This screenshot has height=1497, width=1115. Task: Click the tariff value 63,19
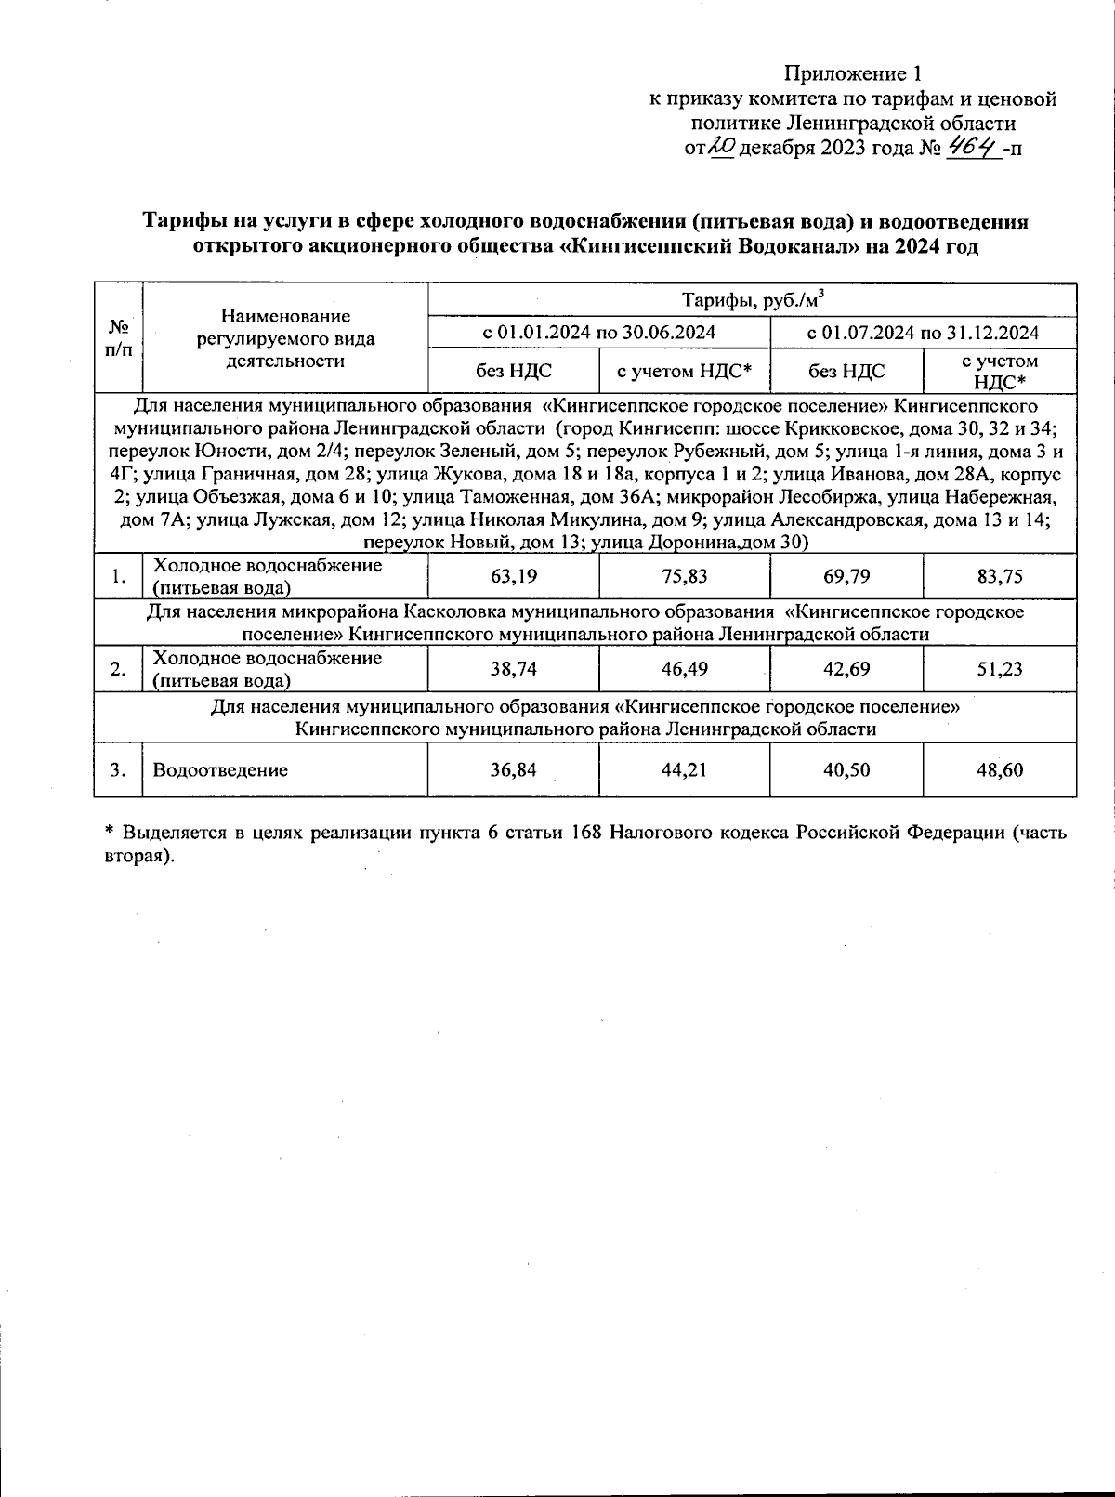coord(513,576)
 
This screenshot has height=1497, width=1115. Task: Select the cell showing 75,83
coord(685,576)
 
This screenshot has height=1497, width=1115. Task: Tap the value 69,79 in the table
coord(846,576)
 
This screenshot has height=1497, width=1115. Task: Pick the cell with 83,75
coord(1000,576)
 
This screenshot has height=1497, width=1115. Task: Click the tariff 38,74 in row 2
coord(513,669)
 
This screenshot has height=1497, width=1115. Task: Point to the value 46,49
coord(685,669)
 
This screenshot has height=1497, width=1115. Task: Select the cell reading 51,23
coord(1000,669)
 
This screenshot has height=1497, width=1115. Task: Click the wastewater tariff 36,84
coord(513,769)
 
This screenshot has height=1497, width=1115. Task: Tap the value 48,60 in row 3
coord(1000,769)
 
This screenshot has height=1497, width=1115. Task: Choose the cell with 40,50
coord(846,769)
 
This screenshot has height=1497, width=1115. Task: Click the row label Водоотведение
coord(220,769)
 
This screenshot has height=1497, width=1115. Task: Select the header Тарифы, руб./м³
coord(753,299)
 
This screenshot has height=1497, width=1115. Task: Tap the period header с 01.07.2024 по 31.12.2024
coord(923,333)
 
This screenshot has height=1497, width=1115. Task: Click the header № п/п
coord(118,337)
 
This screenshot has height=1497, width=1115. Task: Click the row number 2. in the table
coord(118,669)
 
